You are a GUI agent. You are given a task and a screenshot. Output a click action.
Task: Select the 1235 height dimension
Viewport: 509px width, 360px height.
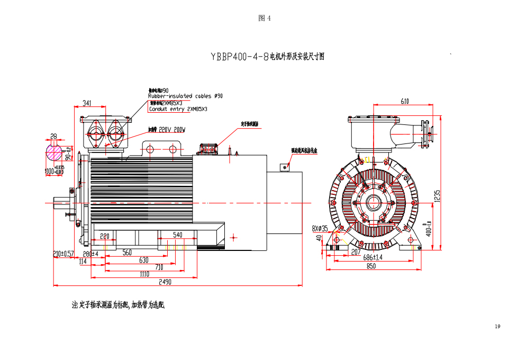point(437,196)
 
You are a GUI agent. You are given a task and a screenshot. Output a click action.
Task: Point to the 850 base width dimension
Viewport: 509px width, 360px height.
point(371,266)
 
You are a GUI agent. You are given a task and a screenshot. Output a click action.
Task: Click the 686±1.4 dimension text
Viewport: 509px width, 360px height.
point(372,258)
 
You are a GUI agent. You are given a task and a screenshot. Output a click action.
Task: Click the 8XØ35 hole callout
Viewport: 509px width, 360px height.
point(320,229)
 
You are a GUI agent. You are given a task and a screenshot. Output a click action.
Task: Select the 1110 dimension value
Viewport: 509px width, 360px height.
point(144,274)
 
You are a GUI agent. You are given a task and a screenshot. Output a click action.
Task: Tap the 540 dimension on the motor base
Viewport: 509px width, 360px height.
point(178,235)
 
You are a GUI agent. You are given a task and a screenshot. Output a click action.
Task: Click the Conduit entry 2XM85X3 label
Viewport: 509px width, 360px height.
point(178,109)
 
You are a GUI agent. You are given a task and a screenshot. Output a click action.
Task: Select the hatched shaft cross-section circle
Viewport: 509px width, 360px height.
point(54,153)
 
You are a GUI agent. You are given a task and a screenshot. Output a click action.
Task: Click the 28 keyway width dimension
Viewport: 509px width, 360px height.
point(53,137)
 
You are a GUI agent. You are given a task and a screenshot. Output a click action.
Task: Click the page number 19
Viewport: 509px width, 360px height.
point(497,327)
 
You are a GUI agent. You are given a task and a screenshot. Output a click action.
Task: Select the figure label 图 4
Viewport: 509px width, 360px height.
point(265,19)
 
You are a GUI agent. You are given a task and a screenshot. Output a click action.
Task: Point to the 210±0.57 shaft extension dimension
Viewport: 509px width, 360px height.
point(63,254)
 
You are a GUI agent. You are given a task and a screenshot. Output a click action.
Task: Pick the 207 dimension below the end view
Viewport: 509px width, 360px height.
point(356,252)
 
